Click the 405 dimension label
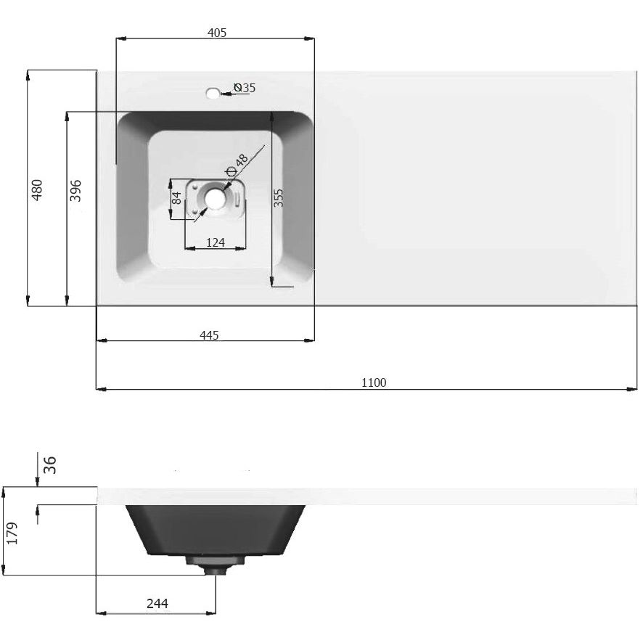(216, 33)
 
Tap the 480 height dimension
(37, 190)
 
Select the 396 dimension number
(75, 190)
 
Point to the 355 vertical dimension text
(278, 197)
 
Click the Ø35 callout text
(245, 88)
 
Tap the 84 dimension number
(176, 198)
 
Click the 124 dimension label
(216, 242)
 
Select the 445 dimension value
(209, 335)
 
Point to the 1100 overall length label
(374, 382)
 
